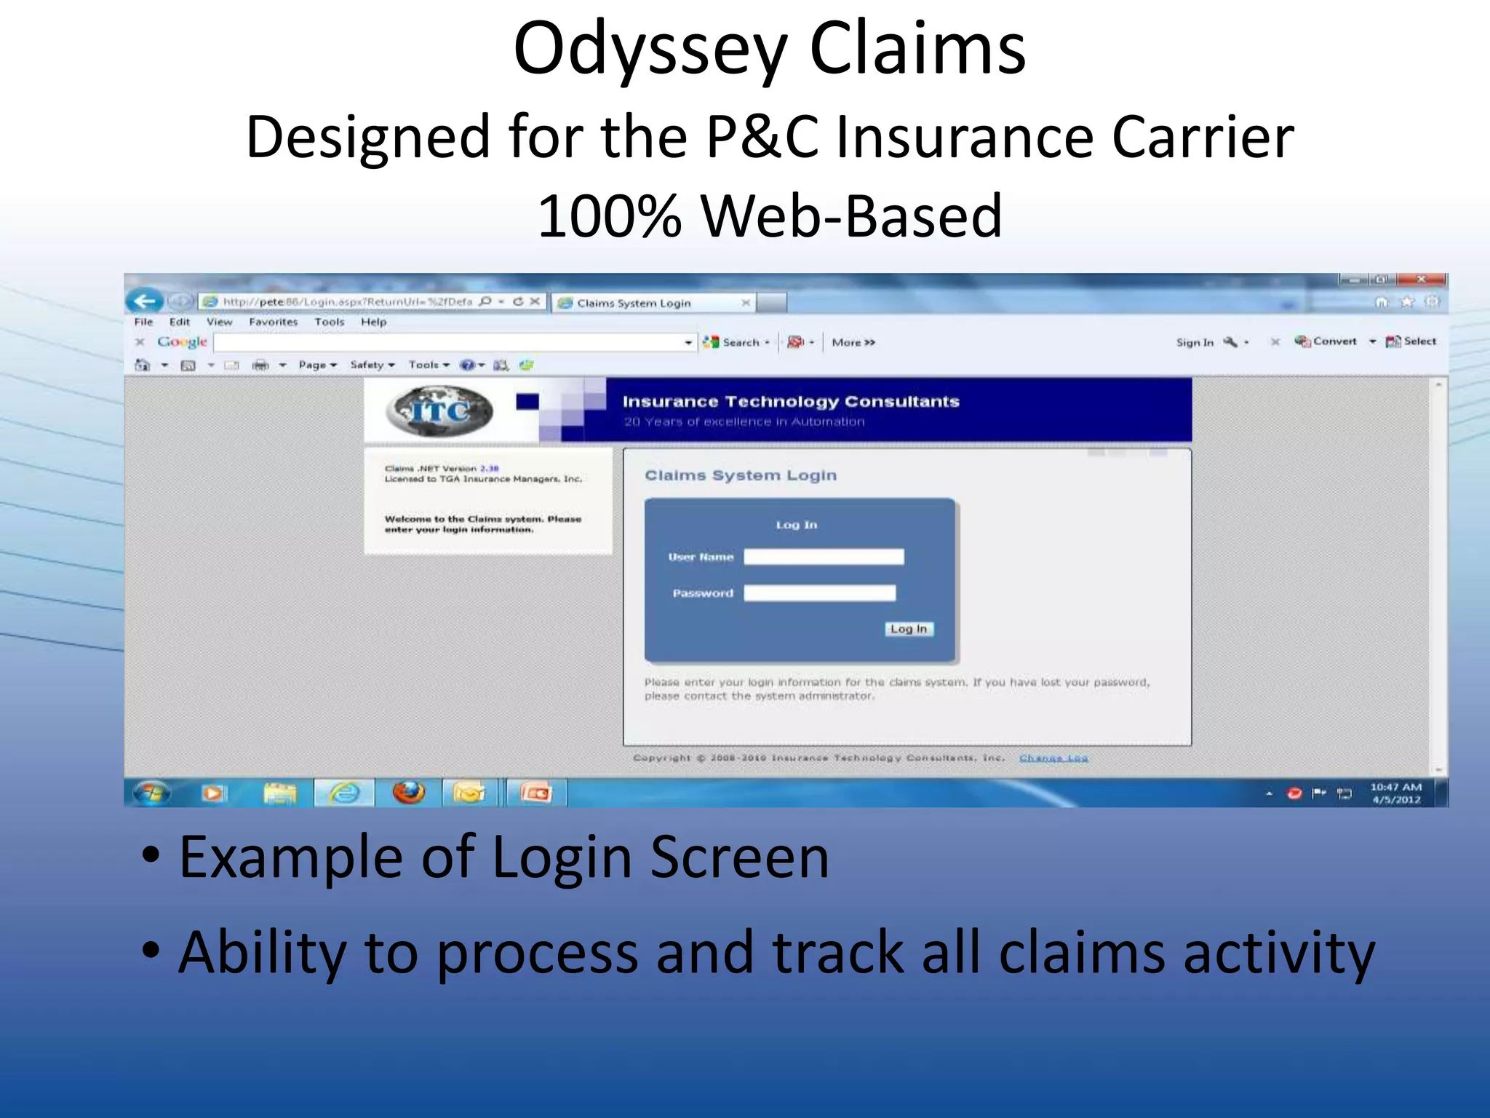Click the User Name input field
pyautogui.click(x=824, y=557)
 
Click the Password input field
pyautogui.click(x=819, y=593)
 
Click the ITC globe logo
pyautogui.click(x=439, y=411)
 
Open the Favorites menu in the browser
pyautogui.click(x=273, y=322)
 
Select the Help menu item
pyautogui.click(x=373, y=322)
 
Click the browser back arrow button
pyautogui.click(x=144, y=301)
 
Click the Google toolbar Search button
pyautogui.click(x=736, y=342)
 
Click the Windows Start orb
pyautogui.click(x=151, y=793)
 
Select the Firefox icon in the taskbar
pyautogui.click(x=408, y=793)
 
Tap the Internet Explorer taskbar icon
pyautogui.click(x=344, y=793)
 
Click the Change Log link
pyautogui.click(x=1053, y=758)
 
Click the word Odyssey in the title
pyautogui.click(x=650, y=49)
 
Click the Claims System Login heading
pyautogui.click(x=741, y=475)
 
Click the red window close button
pyautogui.click(x=1420, y=279)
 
